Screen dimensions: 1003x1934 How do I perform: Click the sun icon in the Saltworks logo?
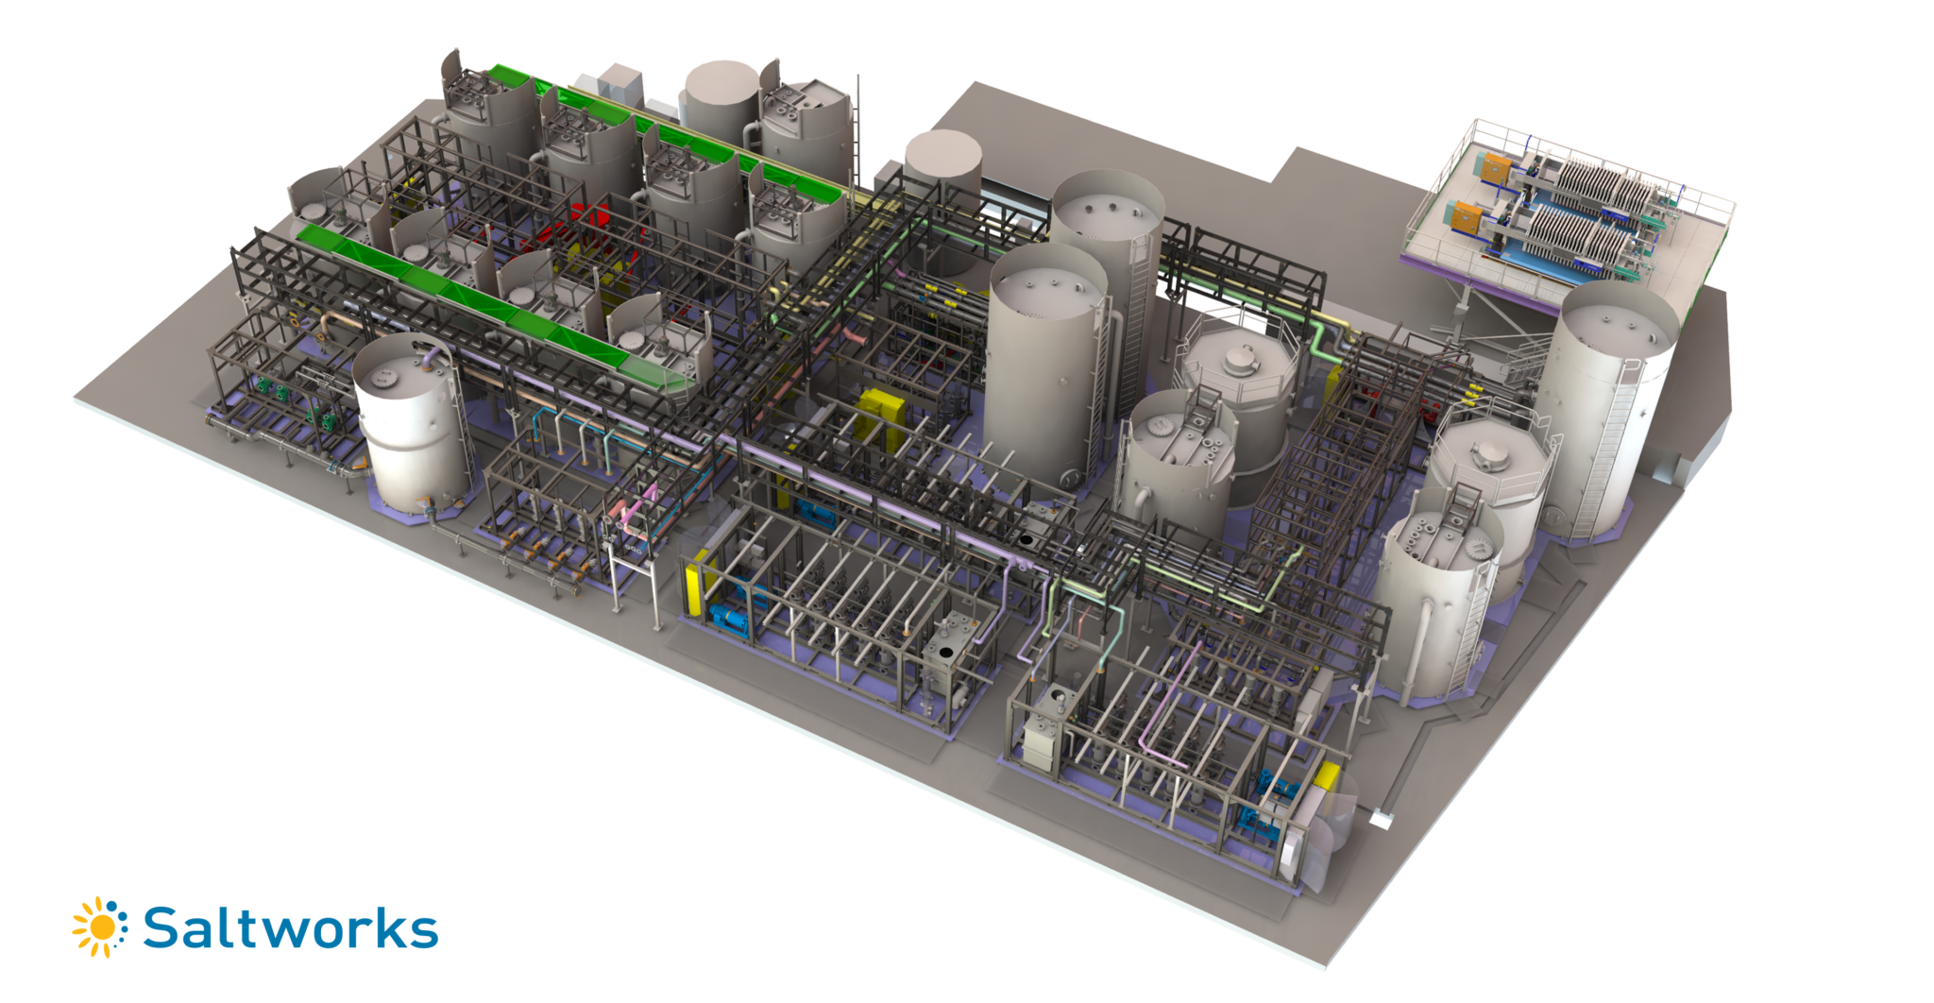pos(100,927)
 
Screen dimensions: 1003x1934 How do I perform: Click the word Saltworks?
pos(291,929)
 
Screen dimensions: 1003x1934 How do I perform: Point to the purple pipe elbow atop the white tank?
pos(431,356)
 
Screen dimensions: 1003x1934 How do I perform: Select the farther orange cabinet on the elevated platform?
pos(1495,168)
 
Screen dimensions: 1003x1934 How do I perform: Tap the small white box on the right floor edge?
pos(1381,820)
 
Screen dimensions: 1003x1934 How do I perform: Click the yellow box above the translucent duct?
pos(1327,775)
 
